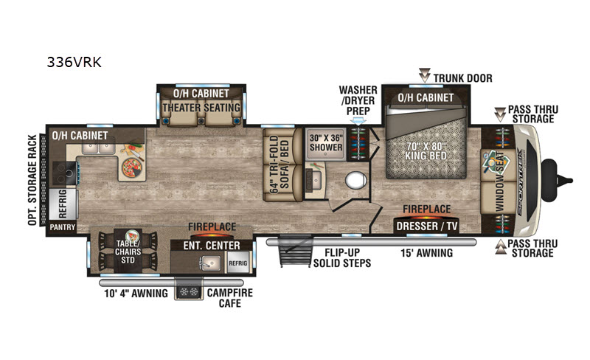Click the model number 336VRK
point(74,62)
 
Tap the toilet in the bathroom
point(355,181)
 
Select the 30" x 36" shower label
point(326,142)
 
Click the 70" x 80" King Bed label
point(426,150)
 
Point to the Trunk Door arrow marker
point(425,75)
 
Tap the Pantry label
point(63,227)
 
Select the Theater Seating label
point(201,108)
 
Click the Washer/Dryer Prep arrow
point(358,121)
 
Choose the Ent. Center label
point(212,246)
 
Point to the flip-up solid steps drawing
point(296,250)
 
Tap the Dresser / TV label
point(427,226)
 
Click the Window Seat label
point(500,181)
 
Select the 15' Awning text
point(426,253)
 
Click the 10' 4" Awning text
point(136,294)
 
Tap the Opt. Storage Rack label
point(32,181)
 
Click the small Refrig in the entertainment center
point(237,263)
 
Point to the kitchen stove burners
point(66,173)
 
